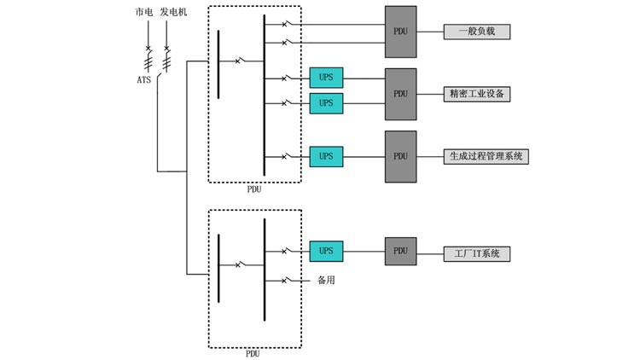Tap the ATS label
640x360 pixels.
144,80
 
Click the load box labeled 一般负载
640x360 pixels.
476,32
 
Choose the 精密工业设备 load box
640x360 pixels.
476,94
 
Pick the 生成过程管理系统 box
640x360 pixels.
486,156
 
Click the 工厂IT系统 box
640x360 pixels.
476,253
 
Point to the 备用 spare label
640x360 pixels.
325,281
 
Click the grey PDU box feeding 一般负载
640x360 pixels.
400,32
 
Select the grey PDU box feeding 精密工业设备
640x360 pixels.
400,94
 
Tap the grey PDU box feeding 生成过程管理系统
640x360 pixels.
400,156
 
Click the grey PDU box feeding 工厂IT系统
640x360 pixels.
400,252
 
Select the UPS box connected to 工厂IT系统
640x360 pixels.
326,252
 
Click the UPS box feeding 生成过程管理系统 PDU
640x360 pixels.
326,156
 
